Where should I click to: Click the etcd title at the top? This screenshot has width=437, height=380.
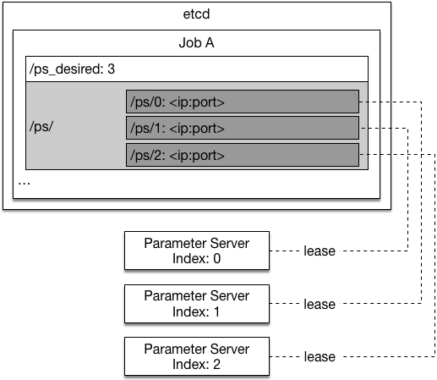[x=196, y=14]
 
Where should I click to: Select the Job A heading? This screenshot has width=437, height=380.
[x=196, y=43]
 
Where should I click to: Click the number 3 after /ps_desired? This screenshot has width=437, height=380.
[x=111, y=69]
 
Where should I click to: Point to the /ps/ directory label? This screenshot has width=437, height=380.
[x=41, y=127]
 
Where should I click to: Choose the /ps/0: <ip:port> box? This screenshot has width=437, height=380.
[x=243, y=102]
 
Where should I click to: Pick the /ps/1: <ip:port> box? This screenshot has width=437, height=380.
[x=243, y=128]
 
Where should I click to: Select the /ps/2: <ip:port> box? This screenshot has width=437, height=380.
[x=243, y=155]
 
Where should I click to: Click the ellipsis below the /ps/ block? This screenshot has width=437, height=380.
[x=24, y=184]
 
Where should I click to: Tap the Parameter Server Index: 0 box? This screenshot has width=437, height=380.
[x=197, y=251]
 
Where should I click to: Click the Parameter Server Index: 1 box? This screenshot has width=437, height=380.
[x=197, y=304]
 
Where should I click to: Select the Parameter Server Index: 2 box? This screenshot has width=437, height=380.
[x=197, y=356]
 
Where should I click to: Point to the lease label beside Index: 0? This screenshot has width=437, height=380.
[x=320, y=251]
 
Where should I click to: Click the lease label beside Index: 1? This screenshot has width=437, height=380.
[x=320, y=304]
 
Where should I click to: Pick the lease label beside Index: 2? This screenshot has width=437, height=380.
[x=320, y=356]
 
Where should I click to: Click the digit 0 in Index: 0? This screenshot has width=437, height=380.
[x=216, y=258]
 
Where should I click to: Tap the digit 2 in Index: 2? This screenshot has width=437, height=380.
[x=216, y=364]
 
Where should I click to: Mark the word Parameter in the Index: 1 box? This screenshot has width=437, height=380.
[x=175, y=296]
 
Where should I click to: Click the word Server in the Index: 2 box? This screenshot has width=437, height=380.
[x=229, y=349]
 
